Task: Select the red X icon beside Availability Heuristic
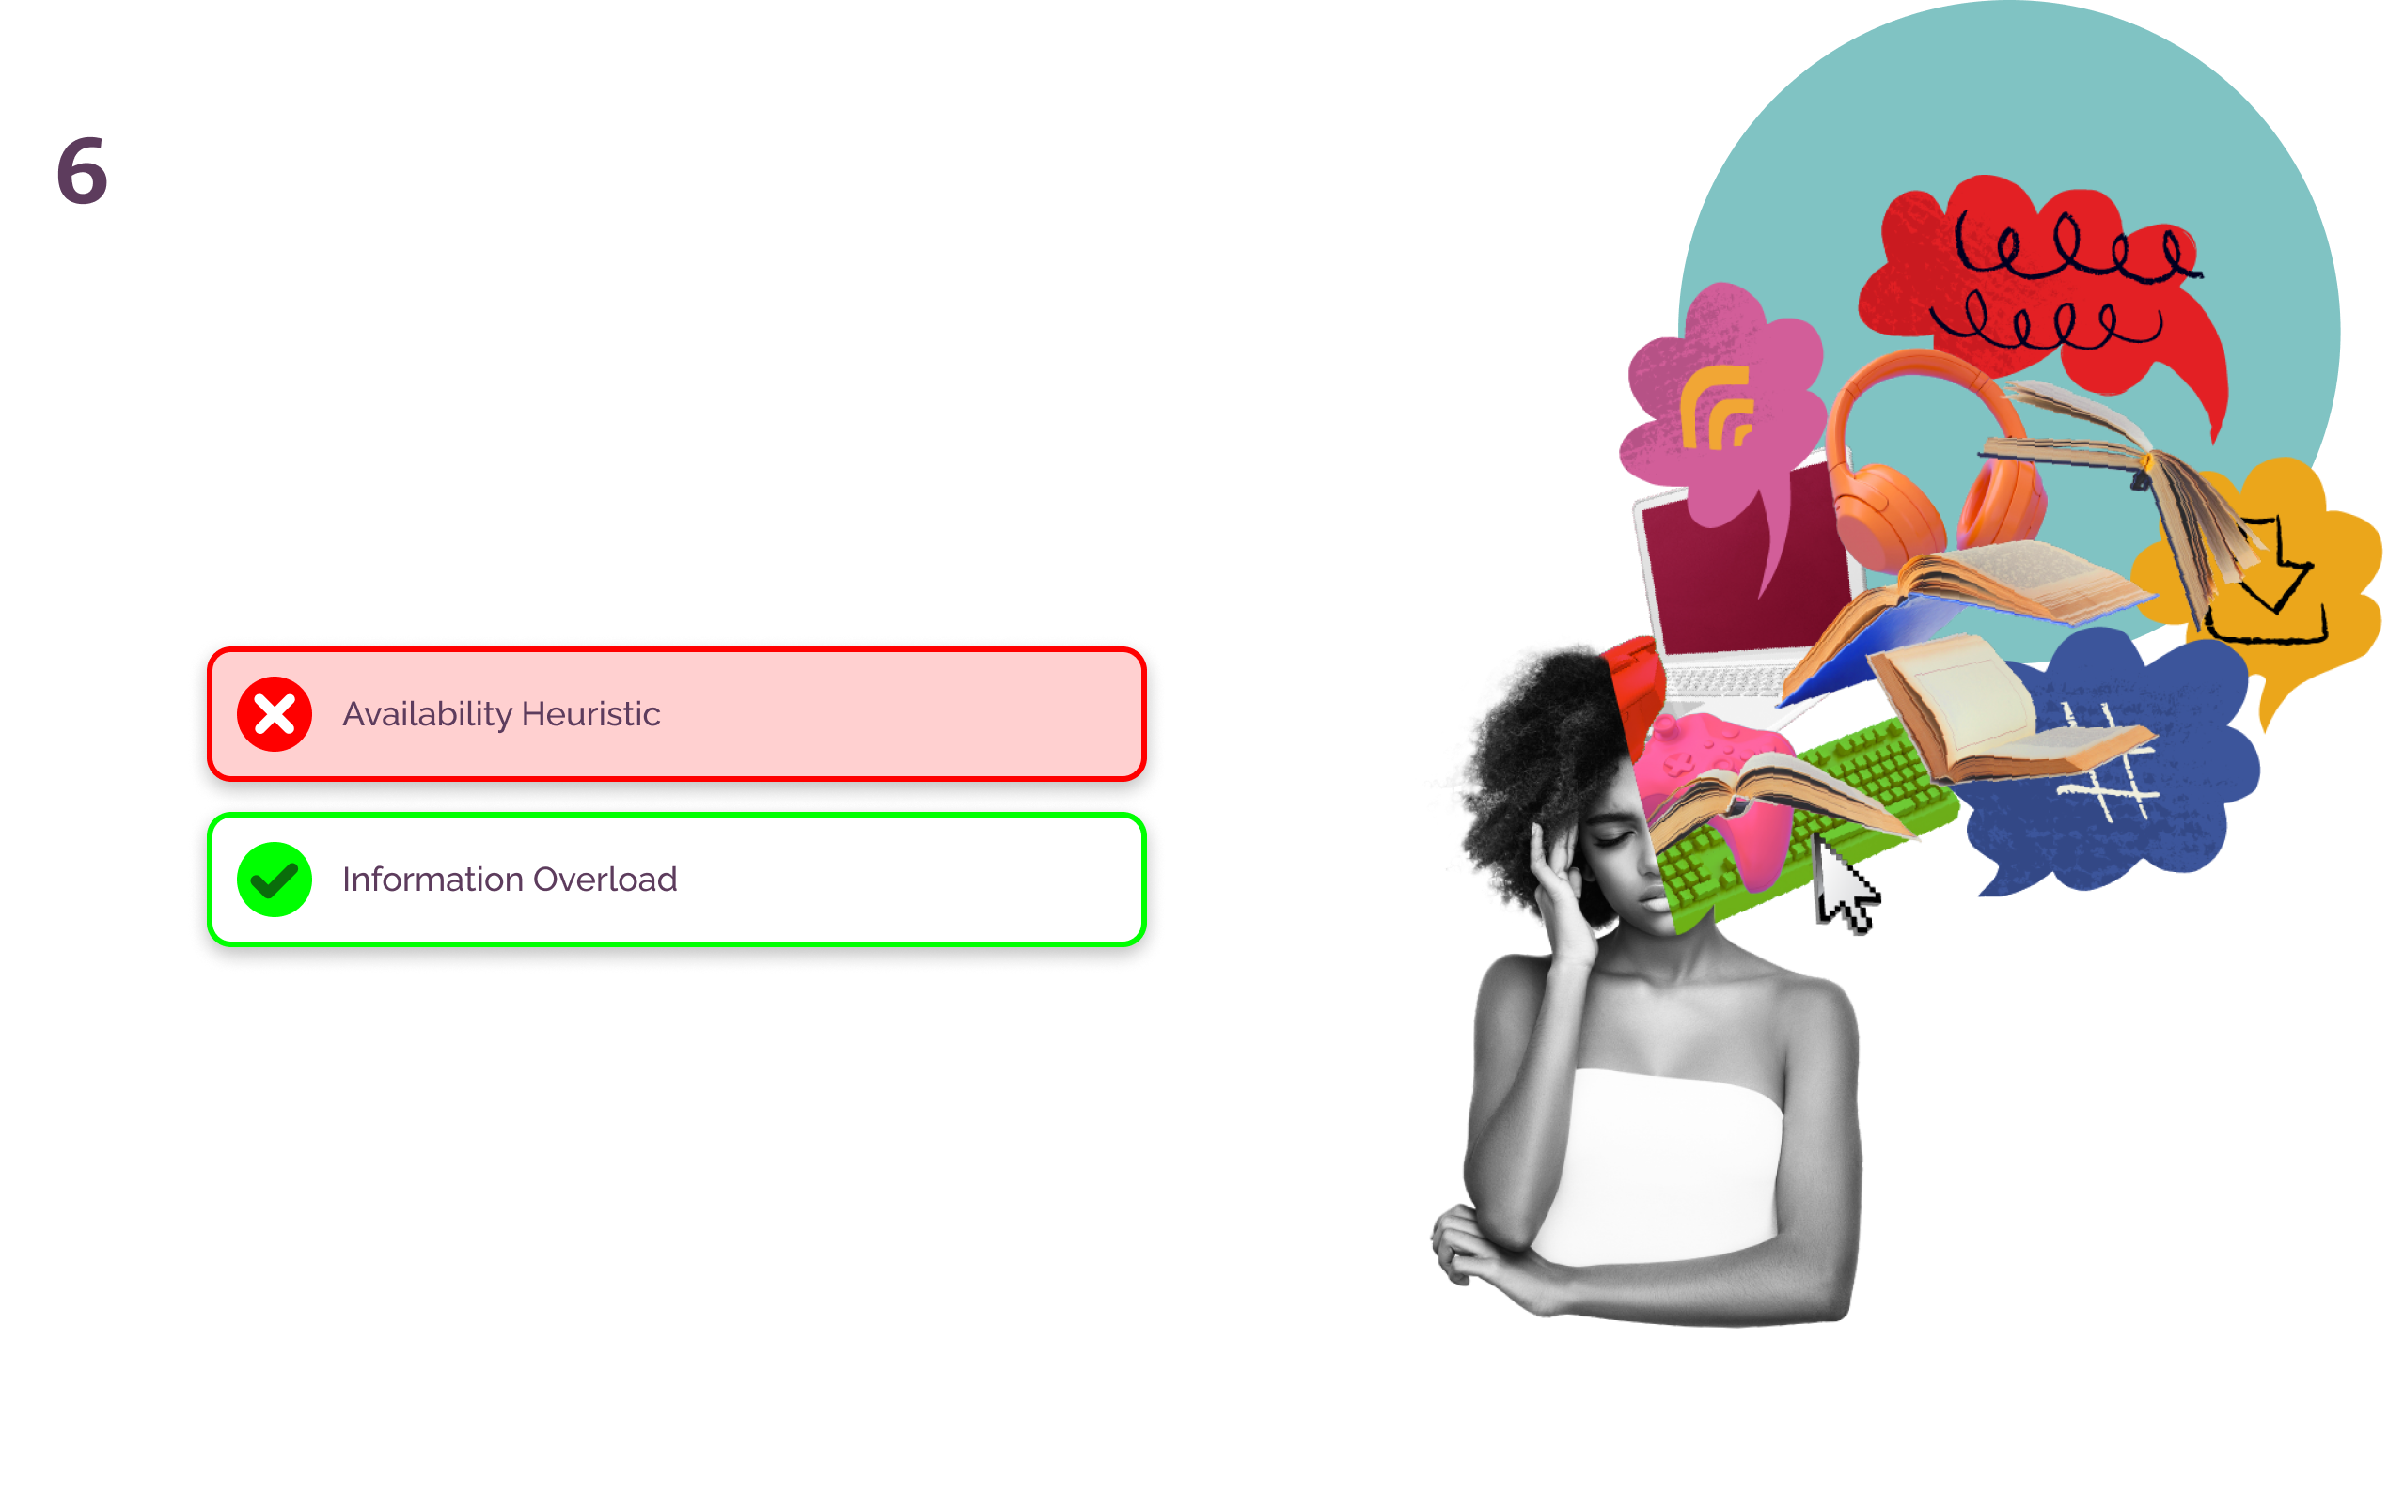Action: [275, 714]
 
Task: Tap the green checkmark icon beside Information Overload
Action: [275, 880]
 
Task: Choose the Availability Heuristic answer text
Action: [501, 714]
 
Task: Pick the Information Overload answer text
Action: [509, 880]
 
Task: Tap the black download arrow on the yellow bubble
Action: [2271, 585]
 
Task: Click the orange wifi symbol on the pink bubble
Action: [1716, 407]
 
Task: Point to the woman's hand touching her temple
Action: [1557, 873]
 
